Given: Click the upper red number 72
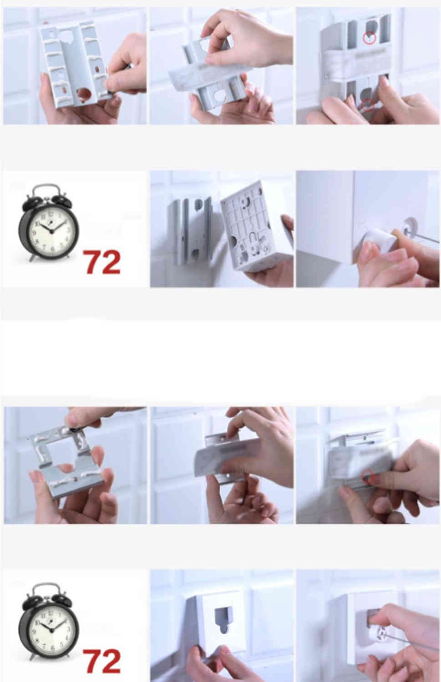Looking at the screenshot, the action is coord(101,262).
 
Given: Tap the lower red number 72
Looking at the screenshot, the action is coord(101,661).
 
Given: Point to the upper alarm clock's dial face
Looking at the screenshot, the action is coord(50,231).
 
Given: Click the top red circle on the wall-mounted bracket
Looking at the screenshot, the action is coord(370,37).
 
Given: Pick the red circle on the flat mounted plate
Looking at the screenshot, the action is coord(368,476).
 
